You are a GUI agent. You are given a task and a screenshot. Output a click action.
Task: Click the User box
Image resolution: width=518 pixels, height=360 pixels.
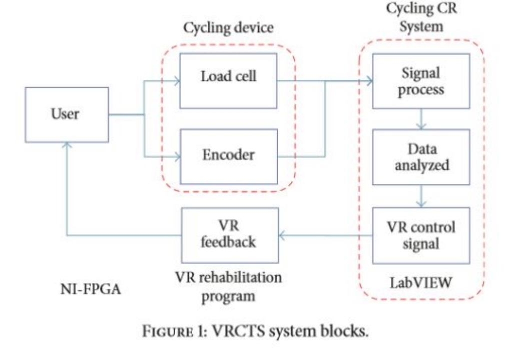pos(67,114)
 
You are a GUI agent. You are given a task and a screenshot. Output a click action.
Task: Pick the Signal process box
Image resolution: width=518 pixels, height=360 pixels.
pos(421,81)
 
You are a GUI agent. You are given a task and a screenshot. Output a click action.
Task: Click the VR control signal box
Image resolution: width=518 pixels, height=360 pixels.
pos(421,235)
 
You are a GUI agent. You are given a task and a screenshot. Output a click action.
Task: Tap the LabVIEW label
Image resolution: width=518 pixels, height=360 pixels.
pos(421,281)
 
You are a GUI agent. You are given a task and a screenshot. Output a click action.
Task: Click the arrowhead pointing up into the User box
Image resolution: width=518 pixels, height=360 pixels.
pos(67,146)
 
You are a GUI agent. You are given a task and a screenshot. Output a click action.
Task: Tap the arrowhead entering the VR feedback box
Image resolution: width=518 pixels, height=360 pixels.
pos(281,234)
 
